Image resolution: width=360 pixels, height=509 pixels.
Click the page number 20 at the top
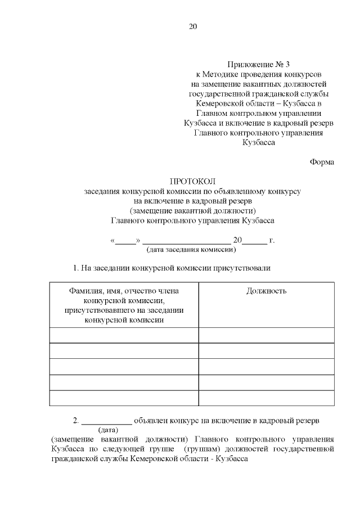[x=193, y=26]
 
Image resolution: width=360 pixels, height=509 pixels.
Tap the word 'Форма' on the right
[x=322, y=162]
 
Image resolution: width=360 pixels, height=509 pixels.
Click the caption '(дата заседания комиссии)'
[x=191, y=249]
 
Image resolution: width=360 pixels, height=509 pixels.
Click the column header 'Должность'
[x=266, y=291]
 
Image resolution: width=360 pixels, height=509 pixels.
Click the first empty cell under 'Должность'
[x=266, y=335]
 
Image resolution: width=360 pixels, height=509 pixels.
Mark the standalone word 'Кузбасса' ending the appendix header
[x=258, y=143]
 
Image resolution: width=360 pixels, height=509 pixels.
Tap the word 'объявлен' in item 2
[x=150, y=420]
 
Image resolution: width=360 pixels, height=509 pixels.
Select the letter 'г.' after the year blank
[x=272, y=240]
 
